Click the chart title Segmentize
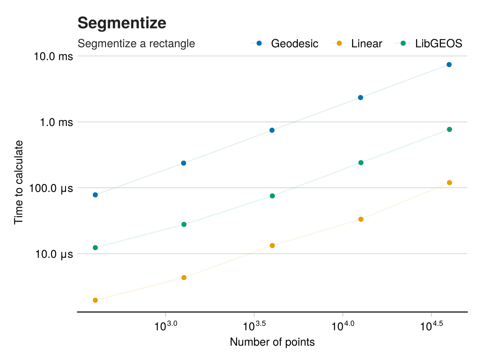122,23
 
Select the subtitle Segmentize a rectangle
136,43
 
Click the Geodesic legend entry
285,43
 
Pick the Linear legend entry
357,43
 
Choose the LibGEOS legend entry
429,43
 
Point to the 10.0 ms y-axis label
53,56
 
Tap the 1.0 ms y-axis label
56,122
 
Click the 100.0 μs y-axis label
51,188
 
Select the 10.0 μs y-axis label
54,254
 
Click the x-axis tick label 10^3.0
166,326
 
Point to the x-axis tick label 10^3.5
254,326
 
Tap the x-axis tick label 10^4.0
343,326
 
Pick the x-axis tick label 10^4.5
431,326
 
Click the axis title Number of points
272,342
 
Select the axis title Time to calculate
18,182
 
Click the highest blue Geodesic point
449,64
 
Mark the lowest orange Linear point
95,300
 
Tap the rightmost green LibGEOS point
449,129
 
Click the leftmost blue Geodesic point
95,195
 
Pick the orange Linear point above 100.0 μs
449,182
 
